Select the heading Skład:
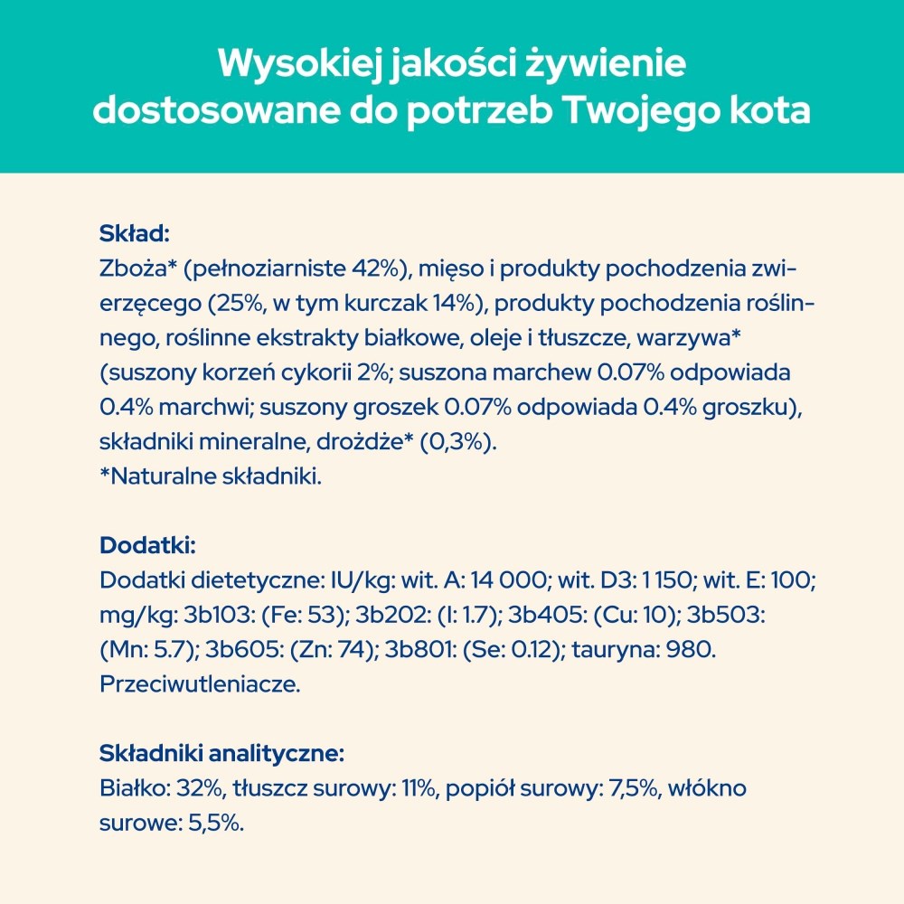click(x=134, y=235)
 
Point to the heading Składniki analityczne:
click(x=221, y=753)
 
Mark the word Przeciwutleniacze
click(x=199, y=683)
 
